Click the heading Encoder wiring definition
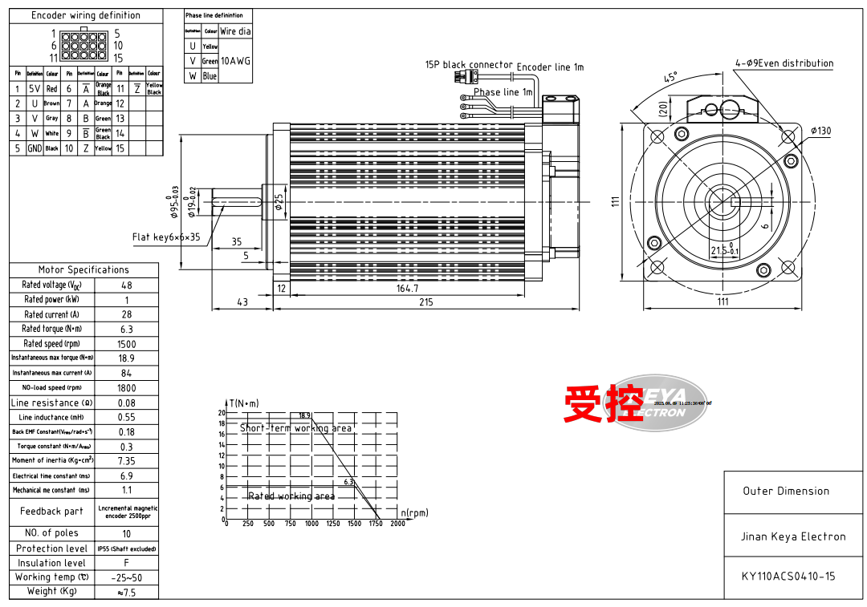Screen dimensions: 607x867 [86, 15]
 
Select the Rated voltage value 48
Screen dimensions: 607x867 [127, 285]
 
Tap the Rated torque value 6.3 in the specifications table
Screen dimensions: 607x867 [127, 330]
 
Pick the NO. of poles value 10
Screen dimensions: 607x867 [127, 534]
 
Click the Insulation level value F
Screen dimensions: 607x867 [127, 563]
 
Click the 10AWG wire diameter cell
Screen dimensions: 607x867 [236, 61]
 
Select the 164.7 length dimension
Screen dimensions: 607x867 [408, 288]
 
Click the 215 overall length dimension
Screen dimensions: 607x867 [425, 302]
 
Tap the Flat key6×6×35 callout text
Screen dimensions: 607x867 [166, 237]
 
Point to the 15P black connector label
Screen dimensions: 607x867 [469, 65]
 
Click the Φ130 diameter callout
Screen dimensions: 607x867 [820, 131]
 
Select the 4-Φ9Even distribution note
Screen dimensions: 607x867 [784, 63]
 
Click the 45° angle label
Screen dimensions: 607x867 [670, 78]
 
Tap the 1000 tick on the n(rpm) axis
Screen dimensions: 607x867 [311, 524]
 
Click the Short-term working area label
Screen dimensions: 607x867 [295, 428]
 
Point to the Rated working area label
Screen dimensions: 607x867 [291, 496]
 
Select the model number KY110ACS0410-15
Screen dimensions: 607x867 [788, 576]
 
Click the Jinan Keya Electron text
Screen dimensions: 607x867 [792, 536]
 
